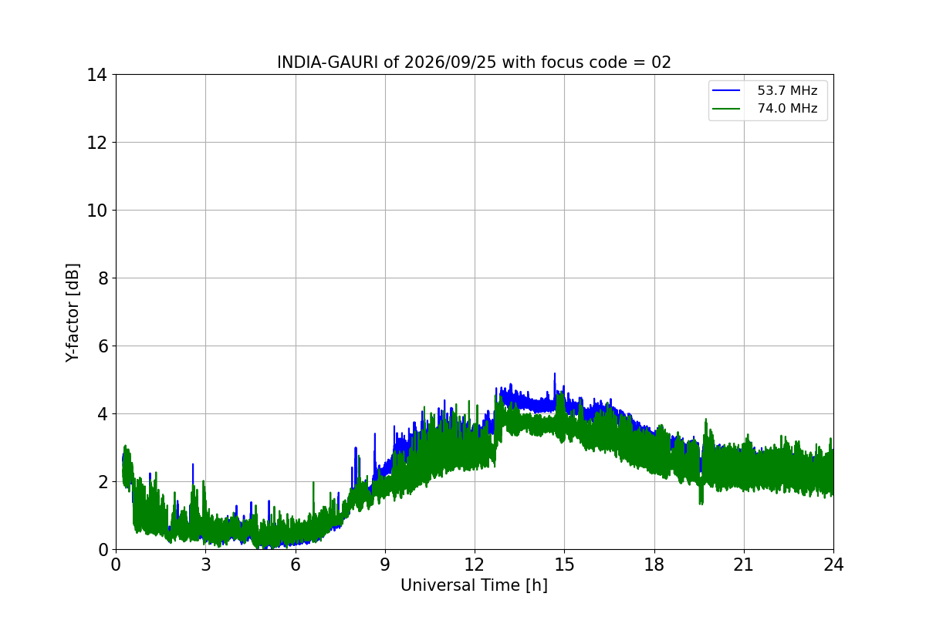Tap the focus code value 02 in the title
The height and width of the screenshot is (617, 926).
[x=661, y=62]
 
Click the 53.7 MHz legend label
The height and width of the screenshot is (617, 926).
[x=787, y=90]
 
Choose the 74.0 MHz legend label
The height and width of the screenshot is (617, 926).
[x=787, y=108]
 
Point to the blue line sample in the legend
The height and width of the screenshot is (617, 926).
[x=726, y=90]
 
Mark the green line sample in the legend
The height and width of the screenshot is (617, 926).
[x=726, y=109]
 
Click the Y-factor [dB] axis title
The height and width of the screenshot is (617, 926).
[x=73, y=313]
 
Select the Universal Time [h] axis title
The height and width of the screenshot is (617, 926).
[x=474, y=585]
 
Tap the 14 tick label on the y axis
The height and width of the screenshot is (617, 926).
[x=96, y=76]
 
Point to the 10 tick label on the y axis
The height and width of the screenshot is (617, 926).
[x=96, y=211]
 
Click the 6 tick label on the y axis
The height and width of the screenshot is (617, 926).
[x=103, y=346]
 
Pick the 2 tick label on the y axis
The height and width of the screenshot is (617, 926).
[x=103, y=482]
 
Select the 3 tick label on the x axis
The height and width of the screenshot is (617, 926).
[x=206, y=565]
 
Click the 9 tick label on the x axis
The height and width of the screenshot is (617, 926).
[x=385, y=565]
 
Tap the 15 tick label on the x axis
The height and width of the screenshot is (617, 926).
[x=565, y=565]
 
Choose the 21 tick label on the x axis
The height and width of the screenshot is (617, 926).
[x=744, y=565]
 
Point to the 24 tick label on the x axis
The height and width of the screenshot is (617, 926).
[x=833, y=565]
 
